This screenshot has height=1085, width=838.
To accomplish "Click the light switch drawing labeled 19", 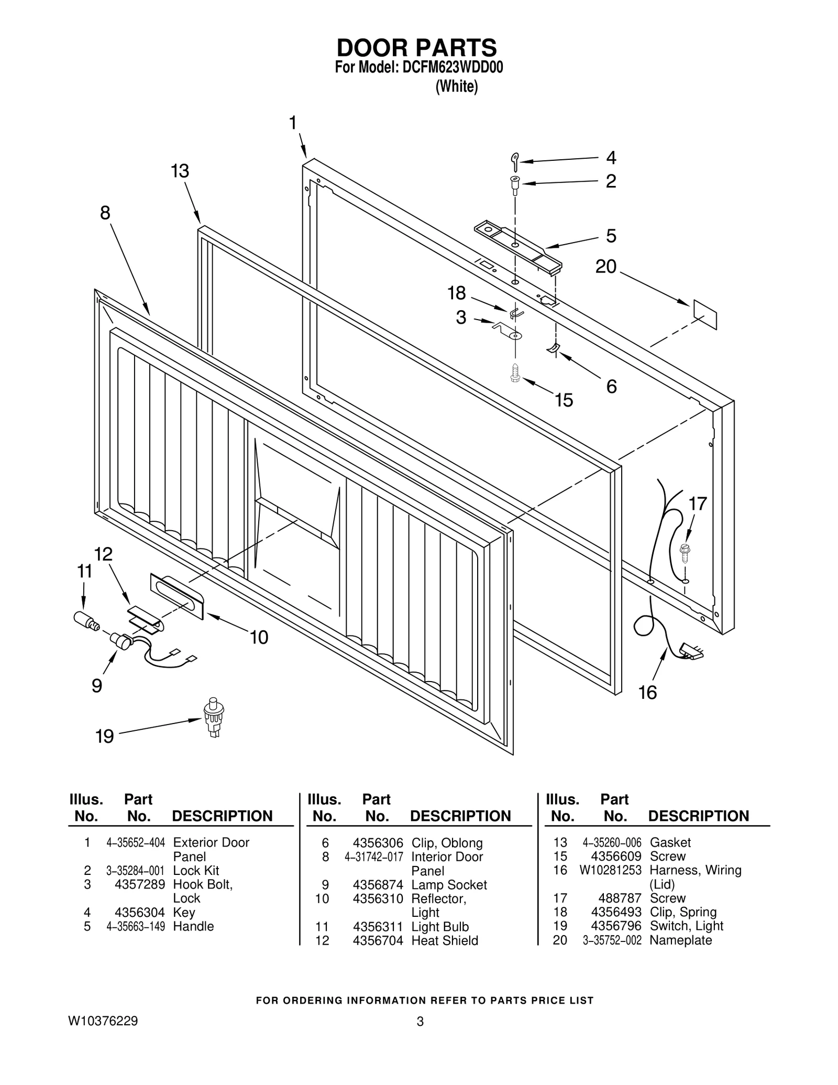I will (213, 717).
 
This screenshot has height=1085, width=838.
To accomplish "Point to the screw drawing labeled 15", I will (515, 372).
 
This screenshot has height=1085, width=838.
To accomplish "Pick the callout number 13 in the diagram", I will (180, 171).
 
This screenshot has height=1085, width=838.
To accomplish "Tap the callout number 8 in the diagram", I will (105, 213).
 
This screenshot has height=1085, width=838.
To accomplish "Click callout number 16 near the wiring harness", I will (647, 693).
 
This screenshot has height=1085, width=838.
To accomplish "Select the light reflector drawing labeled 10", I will (177, 596).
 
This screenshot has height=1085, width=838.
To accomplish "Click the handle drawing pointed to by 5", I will (519, 246).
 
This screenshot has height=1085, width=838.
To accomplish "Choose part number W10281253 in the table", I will (610, 870).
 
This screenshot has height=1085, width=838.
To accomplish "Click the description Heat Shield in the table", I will (445, 940).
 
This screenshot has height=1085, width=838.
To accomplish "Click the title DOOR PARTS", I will (416, 48).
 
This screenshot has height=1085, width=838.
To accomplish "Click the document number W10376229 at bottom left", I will (103, 1021).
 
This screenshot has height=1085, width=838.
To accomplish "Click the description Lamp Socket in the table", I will (449, 884).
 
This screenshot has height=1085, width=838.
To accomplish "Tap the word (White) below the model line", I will (457, 86).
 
